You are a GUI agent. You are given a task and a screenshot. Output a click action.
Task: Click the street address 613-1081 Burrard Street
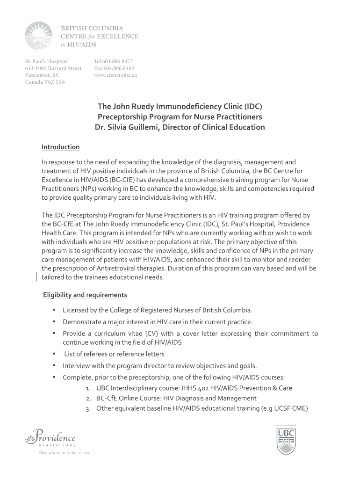pos(53,68)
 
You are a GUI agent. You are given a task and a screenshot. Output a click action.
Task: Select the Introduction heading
pos(60,147)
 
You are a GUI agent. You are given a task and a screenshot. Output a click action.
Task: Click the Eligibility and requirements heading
pos(85,295)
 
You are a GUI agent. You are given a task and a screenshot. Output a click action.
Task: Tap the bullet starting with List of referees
pos(114,354)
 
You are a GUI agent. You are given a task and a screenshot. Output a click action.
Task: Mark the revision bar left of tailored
pos(37,277)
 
